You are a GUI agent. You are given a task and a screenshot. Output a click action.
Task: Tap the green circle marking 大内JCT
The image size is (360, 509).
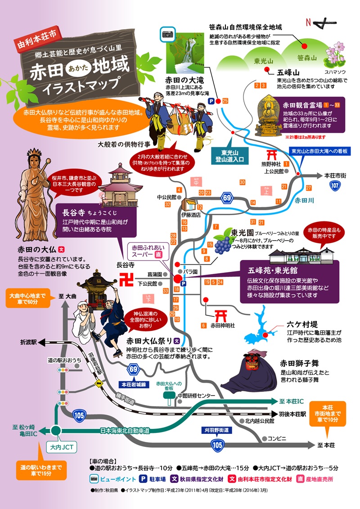56,430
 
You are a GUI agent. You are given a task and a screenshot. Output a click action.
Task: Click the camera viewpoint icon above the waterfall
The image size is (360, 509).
167,33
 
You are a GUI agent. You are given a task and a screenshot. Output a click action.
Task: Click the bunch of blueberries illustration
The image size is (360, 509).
221,244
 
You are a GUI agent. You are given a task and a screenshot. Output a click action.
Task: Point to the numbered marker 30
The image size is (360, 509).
242,182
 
